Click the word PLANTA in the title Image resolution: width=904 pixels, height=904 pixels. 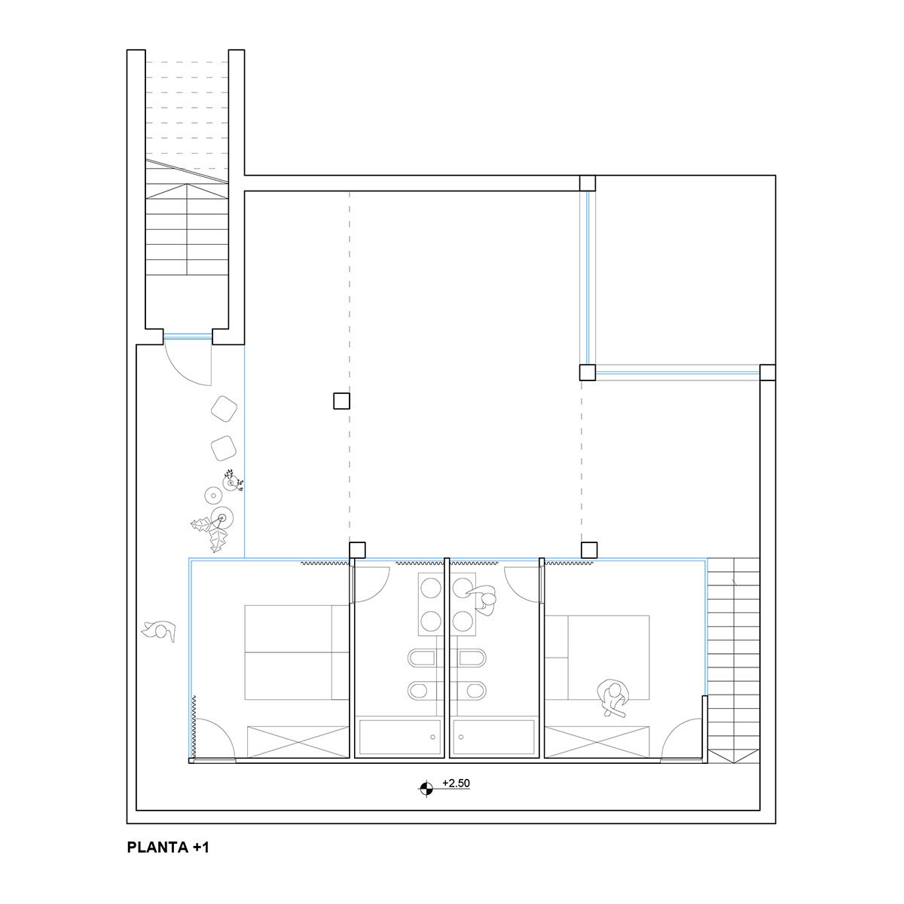click(157, 861)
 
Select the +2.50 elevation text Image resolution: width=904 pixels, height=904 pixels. click(456, 783)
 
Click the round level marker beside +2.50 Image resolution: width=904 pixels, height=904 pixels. click(426, 789)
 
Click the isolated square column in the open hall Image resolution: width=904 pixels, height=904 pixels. click(341, 401)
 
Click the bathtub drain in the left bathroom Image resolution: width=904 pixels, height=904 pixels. click(432, 738)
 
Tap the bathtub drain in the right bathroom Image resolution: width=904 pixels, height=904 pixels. click(462, 738)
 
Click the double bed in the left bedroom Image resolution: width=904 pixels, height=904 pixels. click(297, 652)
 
